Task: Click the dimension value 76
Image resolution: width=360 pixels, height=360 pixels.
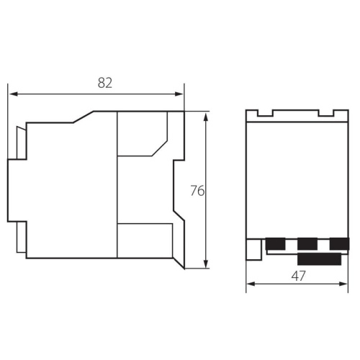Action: point(197,191)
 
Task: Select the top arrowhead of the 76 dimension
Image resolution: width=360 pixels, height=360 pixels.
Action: point(207,116)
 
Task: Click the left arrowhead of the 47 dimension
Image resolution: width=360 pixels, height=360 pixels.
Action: point(251,284)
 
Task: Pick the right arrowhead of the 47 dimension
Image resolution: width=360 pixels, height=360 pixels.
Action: point(344,284)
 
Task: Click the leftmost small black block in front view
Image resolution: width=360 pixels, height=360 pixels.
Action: point(275,244)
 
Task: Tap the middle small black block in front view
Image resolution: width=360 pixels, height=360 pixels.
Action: point(307,244)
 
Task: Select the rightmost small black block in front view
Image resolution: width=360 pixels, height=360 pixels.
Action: point(338,244)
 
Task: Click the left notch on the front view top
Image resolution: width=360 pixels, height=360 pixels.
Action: point(266,113)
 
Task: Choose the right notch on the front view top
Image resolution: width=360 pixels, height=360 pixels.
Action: point(325,113)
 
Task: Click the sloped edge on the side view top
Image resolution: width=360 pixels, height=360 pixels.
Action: point(84,117)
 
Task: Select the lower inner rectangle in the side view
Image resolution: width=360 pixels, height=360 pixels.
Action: point(144,240)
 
